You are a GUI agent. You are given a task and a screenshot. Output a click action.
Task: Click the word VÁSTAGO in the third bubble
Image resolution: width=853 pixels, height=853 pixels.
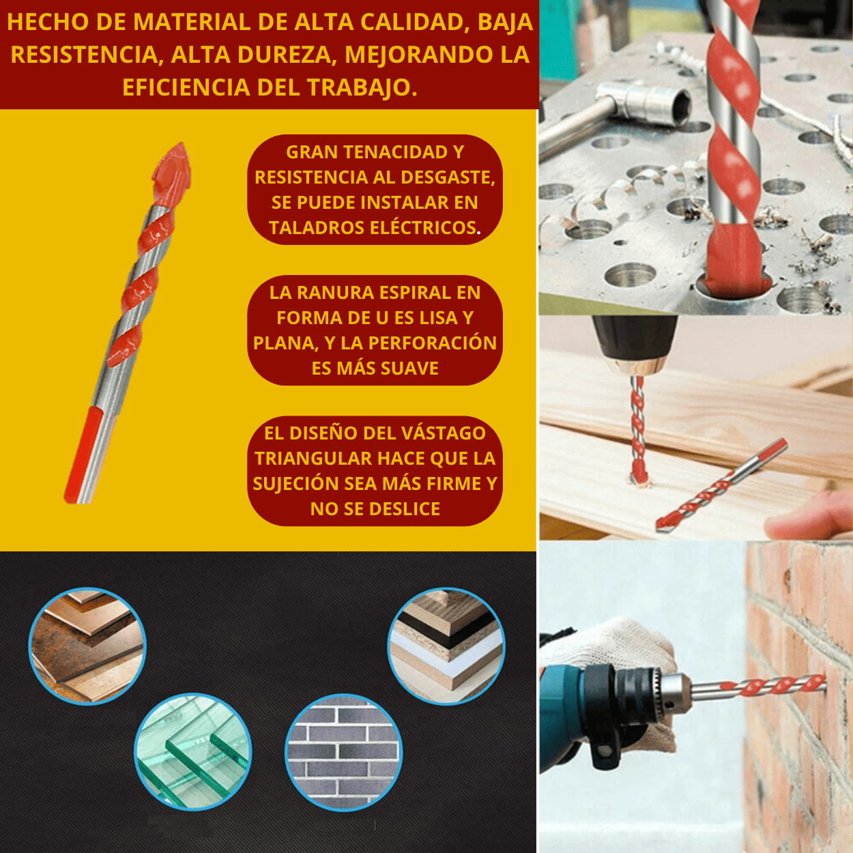click(443, 433)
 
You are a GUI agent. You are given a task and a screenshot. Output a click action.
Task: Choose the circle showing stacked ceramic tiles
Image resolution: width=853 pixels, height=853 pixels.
click(87, 646)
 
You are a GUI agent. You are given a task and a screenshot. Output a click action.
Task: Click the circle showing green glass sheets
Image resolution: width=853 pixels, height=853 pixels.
click(193, 752)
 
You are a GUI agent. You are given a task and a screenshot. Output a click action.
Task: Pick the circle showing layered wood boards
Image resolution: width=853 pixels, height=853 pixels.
click(446, 646)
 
